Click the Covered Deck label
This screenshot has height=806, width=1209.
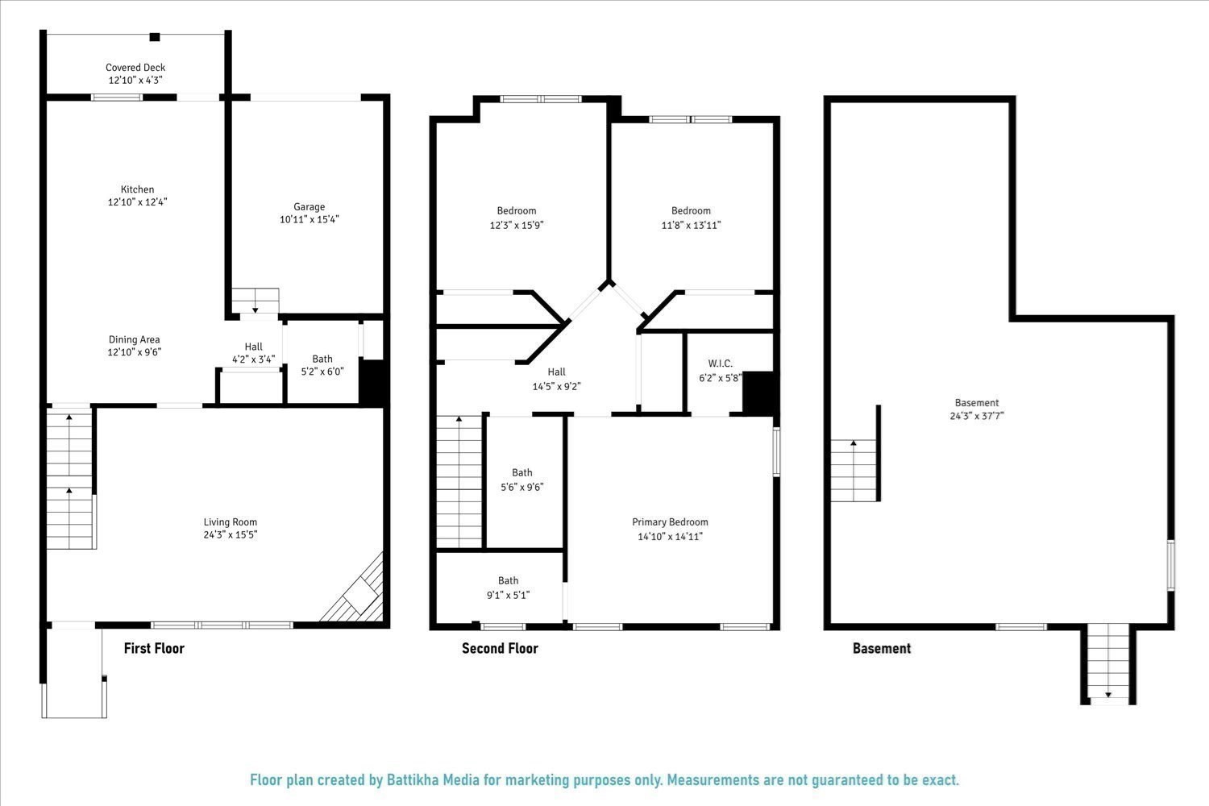(x=135, y=68)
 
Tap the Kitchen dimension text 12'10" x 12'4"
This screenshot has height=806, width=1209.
(x=137, y=202)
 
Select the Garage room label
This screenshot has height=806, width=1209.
(x=309, y=207)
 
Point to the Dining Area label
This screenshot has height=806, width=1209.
(x=135, y=339)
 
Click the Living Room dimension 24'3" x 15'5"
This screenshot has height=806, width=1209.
(x=230, y=534)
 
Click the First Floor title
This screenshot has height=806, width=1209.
(x=154, y=648)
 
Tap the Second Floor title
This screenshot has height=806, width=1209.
(x=500, y=648)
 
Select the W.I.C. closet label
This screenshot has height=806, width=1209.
(x=720, y=364)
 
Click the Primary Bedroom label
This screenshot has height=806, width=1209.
(x=670, y=522)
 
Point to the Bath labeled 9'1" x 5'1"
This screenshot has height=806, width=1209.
(x=508, y=588)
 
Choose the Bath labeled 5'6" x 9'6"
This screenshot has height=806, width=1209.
(x=521, y=480)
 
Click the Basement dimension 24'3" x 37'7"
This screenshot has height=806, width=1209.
(x=976, y=416)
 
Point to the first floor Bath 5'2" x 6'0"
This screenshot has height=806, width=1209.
(x=322, y=365)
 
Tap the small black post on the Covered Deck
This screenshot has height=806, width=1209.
(x=155, y=37)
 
